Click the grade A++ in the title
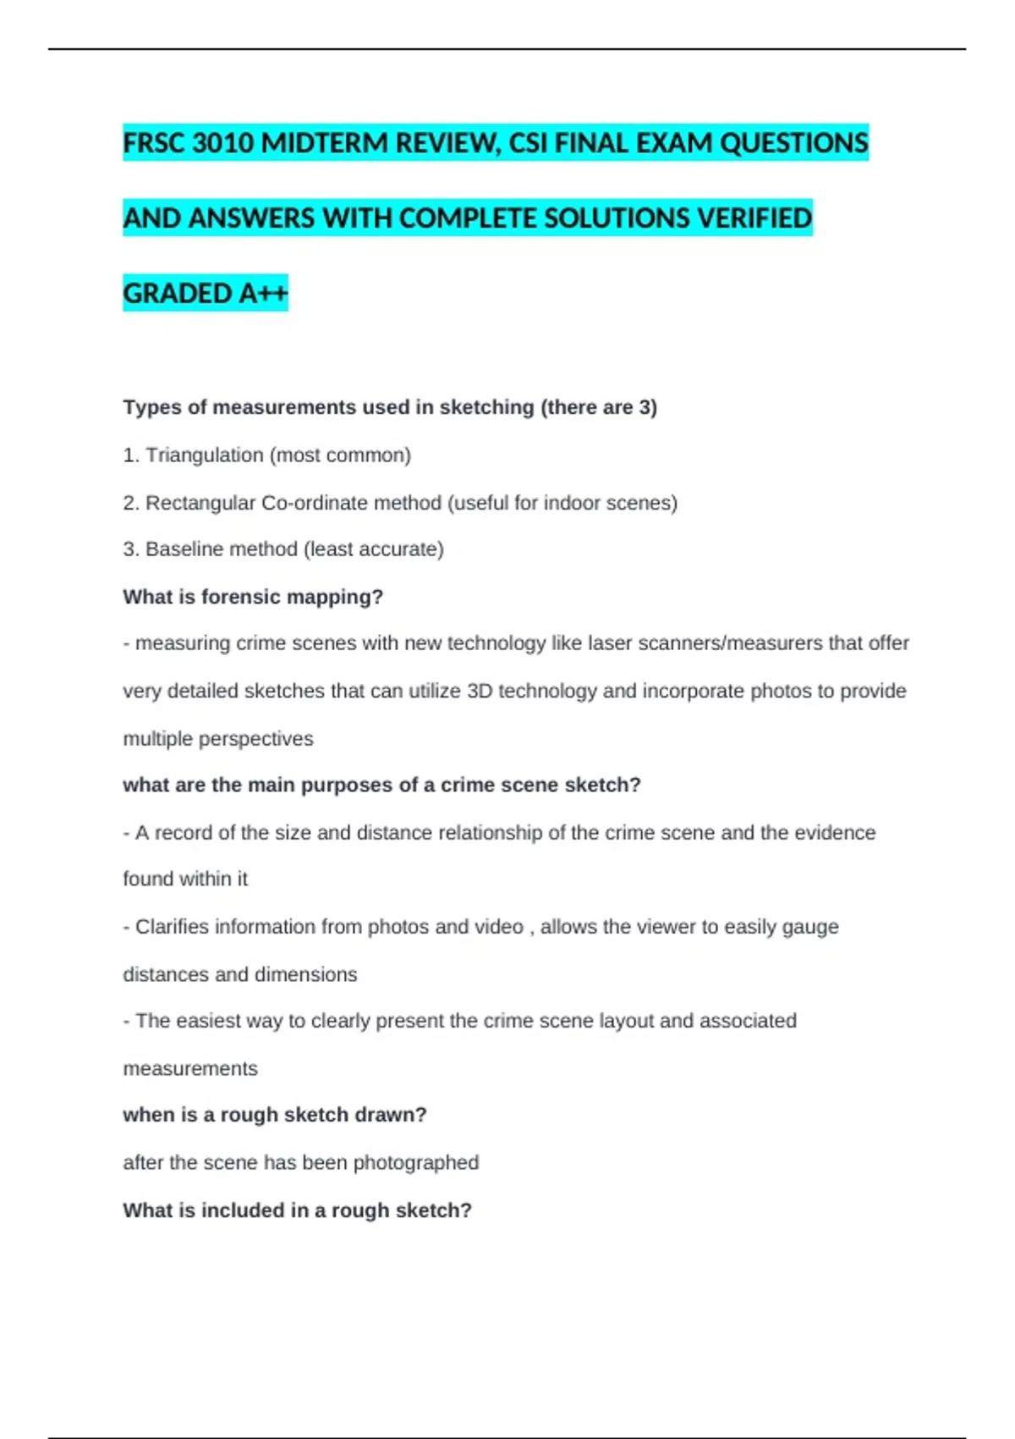[x=263, y=294]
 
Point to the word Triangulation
[x=205, y=455]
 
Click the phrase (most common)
[x=340, y=455]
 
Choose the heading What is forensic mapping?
[x=253, y=597]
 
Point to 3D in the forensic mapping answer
[x=480, y=691]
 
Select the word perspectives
[x=264, y=739]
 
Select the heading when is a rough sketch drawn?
[x=275, y=1115]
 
